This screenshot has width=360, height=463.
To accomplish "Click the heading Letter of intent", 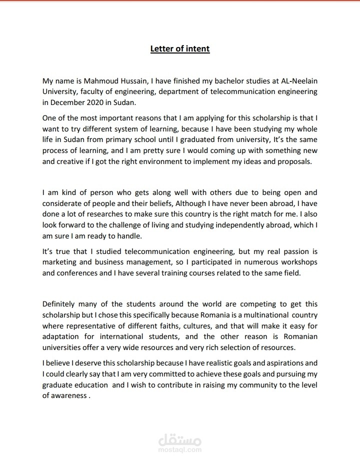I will click(180, 48).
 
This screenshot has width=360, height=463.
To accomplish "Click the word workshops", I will click(297, 262).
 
